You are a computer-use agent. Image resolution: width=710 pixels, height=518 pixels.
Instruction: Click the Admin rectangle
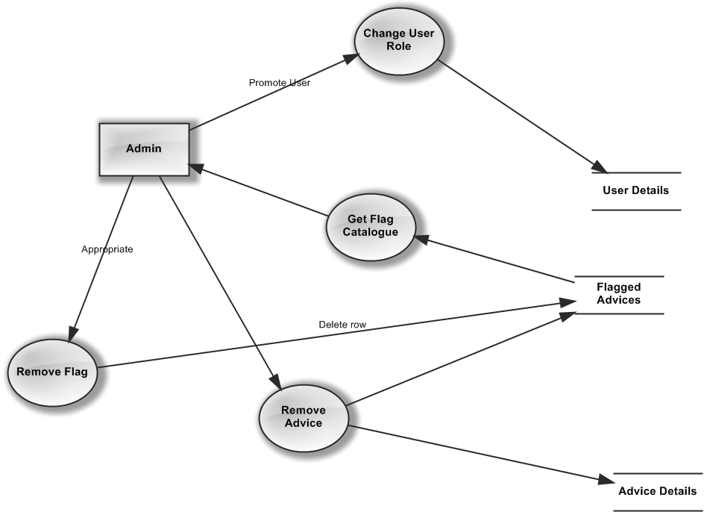[144, 149]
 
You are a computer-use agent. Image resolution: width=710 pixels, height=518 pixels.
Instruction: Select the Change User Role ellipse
[398, 40]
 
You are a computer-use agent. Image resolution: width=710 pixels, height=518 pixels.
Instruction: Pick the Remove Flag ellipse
[53, 372]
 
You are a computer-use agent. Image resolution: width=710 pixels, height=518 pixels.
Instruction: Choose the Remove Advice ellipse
[303, 417]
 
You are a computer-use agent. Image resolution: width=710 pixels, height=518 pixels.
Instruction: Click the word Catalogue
[371, 232]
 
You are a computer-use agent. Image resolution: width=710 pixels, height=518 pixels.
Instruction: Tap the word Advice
[304, 423]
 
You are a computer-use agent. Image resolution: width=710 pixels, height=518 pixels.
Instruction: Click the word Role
[398, 46]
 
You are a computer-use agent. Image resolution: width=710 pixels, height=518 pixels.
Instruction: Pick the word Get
[356, 219]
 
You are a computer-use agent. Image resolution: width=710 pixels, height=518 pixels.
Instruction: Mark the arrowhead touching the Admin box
[195, 168]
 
